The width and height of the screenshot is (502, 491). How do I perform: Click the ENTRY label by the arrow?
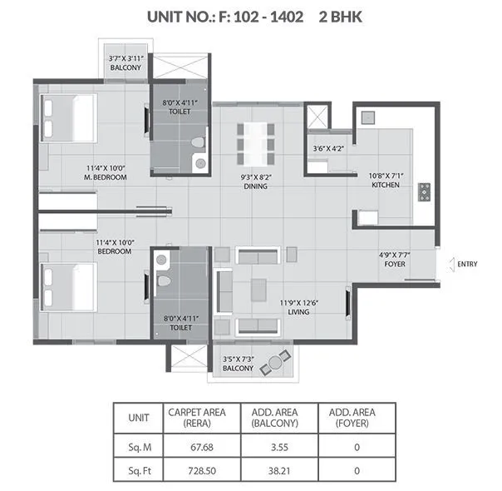(467, 265)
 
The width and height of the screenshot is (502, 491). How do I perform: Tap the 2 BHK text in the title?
(342, 15)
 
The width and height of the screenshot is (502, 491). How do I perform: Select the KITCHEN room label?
(385, 185)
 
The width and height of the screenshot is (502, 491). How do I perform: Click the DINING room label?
(255, 186)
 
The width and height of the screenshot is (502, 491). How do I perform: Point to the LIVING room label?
(298, 312)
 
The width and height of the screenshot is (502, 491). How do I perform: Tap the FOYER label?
(393, 266)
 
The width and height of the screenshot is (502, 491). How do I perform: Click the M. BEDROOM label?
(106, 177)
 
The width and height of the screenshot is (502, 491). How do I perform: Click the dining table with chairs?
(256, 144)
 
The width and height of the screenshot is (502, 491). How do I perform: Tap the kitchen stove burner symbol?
(424, 191)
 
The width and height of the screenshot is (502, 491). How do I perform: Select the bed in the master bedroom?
(71, 117)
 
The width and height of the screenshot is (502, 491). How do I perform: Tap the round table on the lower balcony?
(275, 365)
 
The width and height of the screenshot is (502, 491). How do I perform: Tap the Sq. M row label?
(139, 445)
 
